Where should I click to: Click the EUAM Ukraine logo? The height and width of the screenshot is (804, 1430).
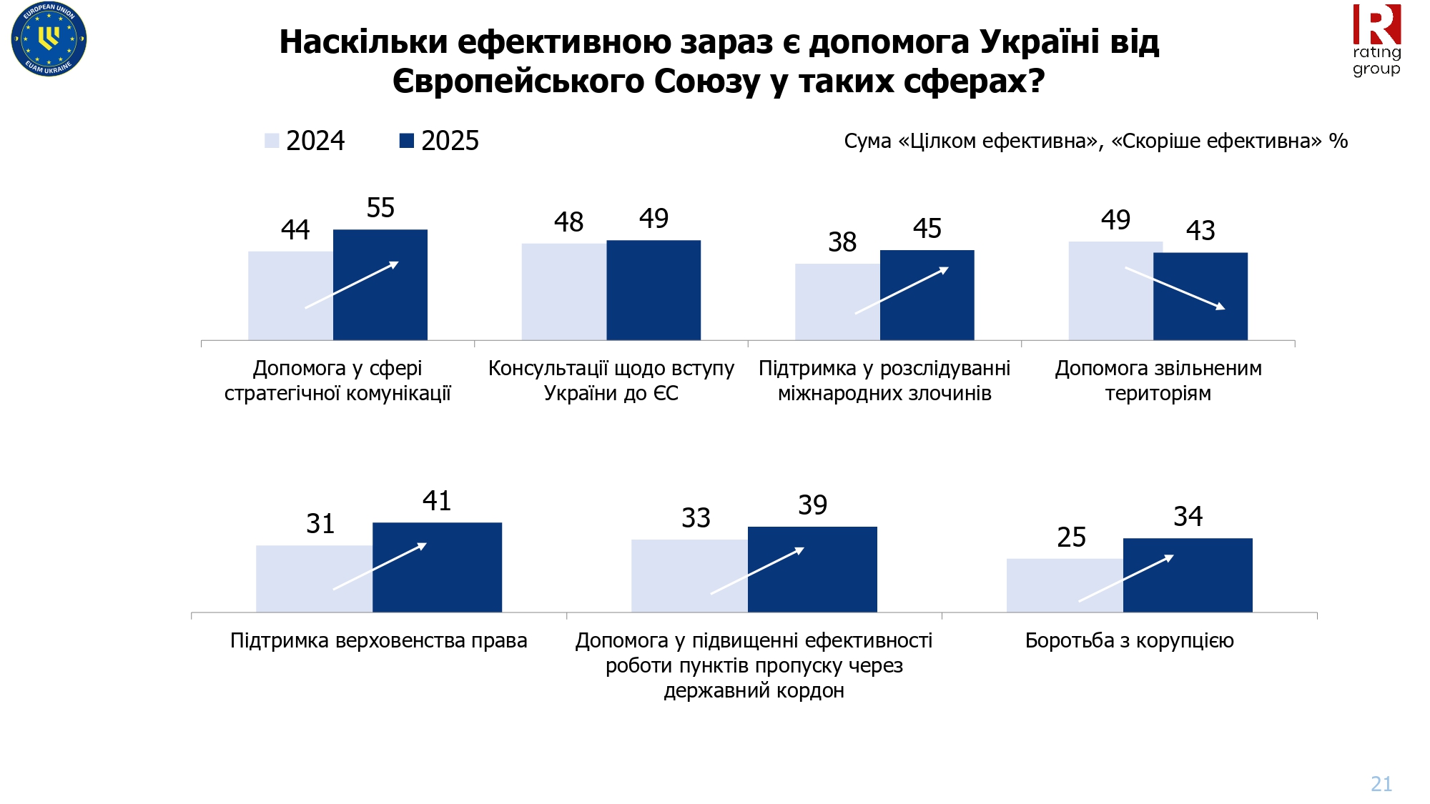(49, 39)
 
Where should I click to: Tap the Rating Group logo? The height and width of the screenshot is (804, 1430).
(1376, 40)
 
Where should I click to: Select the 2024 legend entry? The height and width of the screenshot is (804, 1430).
(305, 141)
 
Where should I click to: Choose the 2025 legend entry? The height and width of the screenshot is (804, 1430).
(439, 141)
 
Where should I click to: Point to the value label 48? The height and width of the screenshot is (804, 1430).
(568, 222)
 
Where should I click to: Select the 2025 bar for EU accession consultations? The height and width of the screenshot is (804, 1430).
(654, 289)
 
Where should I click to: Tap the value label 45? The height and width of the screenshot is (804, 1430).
(927, 229)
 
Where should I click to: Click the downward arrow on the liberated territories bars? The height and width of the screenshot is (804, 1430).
(1175, 288)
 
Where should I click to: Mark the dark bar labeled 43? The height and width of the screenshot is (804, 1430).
(1200, 296)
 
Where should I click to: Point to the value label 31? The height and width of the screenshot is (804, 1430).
(320, 524)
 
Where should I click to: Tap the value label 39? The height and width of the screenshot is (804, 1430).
(813, 505)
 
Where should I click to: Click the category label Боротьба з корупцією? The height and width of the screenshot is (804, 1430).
(1129, 640)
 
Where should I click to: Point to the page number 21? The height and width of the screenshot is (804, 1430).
(1381, 784)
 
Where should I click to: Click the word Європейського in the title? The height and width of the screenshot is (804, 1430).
(518, 81)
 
